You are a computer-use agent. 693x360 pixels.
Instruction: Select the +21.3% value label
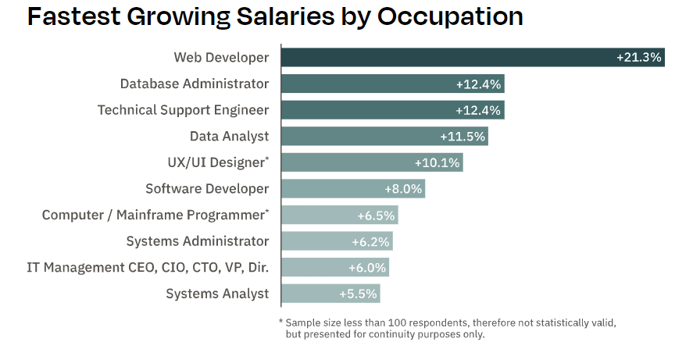(638, 57)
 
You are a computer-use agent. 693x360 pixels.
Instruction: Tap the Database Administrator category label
(195, 84)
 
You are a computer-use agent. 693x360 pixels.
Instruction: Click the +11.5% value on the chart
(463, 137)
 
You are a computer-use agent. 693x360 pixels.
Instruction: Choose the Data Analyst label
(229, 137)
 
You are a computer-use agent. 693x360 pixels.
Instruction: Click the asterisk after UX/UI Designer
(266, 159)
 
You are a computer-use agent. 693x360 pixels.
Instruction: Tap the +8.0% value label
(403, 189)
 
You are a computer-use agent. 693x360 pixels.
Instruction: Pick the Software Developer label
(207, 189)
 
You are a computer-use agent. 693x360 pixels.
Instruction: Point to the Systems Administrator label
(198, 241)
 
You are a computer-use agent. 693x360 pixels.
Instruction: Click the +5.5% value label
(358, 294)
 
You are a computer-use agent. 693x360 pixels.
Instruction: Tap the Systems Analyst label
(217, 294)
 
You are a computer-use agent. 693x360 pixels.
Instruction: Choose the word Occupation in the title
(450, 16)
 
